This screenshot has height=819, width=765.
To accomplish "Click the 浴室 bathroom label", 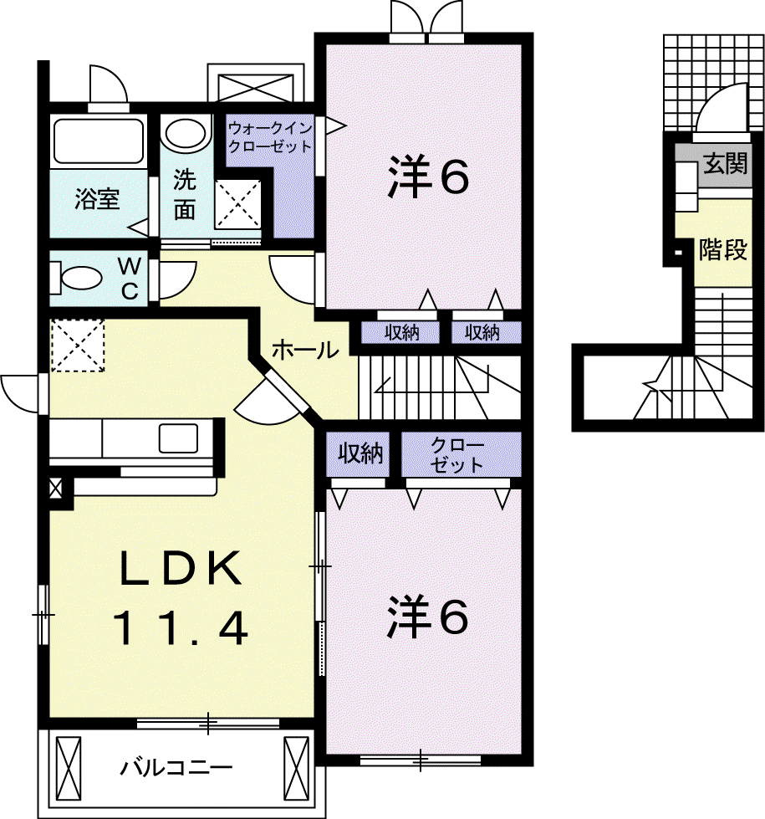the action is (x=97, y=199).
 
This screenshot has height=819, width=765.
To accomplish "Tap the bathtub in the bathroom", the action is (x=99, y=141).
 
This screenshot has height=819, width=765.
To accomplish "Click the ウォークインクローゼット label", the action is (x=270, y=137).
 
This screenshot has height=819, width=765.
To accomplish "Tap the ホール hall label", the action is (x=305, y=350).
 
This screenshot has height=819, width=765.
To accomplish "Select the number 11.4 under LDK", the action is (x=180, y=629).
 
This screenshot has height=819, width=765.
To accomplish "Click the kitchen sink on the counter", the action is (x=178, y=438).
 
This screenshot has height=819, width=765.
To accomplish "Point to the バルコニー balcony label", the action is (x=176, y=768).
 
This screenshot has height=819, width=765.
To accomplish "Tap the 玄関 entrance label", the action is (x=726, y=164).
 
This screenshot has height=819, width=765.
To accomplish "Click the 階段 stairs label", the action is (x=723, y=249).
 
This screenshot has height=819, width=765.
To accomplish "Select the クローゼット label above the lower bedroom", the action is (x=456, y=455).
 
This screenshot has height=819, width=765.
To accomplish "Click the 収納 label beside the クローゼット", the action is (x=360, y=453).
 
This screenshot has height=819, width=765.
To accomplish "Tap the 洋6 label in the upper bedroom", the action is (x=428, y=177).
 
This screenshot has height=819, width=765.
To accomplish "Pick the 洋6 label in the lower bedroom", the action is (x=427, y=617).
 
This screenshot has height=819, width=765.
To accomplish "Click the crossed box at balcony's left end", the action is (x=69, y=769).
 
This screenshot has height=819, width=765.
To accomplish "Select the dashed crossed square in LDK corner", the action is (x=77, y=346).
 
